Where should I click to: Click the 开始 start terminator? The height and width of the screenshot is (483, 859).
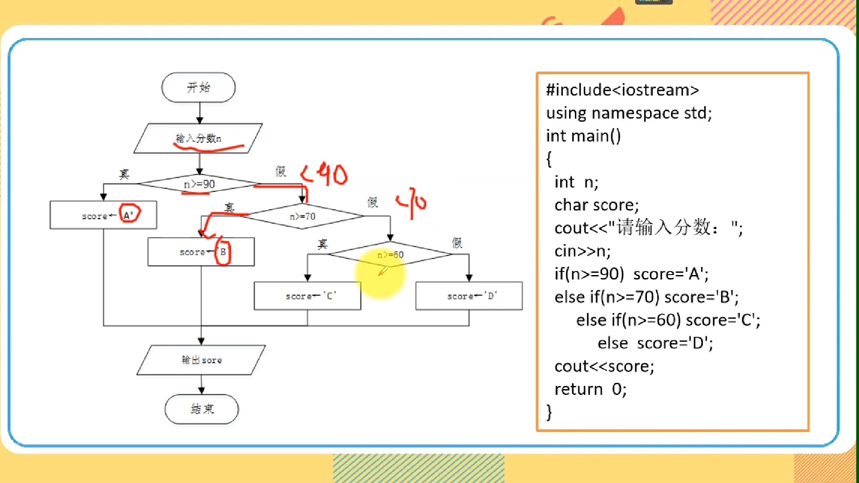click(x=198, y=87)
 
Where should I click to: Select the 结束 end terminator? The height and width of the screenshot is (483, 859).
click(x=202, y=409)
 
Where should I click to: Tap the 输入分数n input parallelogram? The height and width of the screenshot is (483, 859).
click(x=198, y=138)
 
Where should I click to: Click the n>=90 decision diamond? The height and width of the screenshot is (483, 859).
click(x=199, y=184)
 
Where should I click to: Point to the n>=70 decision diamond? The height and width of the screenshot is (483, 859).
click(x=303, y=216)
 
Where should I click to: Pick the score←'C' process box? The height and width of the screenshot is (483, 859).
click(x=307, y=296)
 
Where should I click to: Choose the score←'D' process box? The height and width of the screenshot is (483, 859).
click(x=469, y=296)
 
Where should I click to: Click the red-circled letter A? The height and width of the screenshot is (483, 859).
click(x=129, y=215)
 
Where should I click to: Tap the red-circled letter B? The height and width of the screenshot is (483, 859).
click(x=223, y=252)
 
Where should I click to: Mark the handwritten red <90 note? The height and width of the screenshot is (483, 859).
click(x=324, y=174)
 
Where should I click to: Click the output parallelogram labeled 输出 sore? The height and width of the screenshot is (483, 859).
click(x=201, y=360)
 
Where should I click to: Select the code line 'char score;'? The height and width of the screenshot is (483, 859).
click(x=596, y=205)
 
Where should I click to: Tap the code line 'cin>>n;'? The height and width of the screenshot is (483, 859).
click(x=582, y=251)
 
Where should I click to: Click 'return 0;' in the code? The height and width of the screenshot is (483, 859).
click(x=590, y=389)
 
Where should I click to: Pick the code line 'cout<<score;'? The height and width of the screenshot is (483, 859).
click(x=604, y=366)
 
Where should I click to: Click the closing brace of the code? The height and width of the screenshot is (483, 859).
click(x=549, y=412)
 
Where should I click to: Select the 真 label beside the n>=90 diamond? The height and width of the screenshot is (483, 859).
click(x=124, y=174)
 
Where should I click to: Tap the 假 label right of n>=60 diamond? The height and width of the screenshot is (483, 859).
click(x=457, y=243)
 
